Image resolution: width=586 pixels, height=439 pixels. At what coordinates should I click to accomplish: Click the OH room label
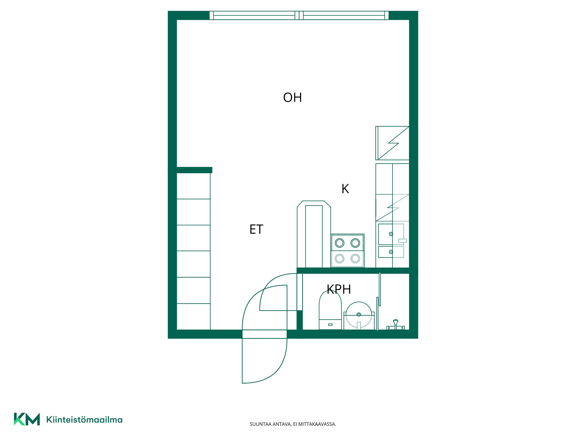point(292,97)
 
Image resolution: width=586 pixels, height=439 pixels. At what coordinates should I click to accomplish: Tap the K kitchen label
point(345,189)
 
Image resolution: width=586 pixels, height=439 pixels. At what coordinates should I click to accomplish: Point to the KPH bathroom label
point(339,289)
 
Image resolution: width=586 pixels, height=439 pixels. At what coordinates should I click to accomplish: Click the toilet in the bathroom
point(330,310)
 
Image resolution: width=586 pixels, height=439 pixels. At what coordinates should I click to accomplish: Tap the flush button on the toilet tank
point(330,324)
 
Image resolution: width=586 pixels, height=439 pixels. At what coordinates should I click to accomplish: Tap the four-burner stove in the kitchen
point(347,251)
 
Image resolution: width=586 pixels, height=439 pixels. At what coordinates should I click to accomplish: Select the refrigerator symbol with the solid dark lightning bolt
point(392,143)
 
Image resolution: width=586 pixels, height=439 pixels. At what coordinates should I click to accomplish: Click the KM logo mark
point(27,419)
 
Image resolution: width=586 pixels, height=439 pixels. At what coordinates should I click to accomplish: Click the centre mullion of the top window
point(299,15)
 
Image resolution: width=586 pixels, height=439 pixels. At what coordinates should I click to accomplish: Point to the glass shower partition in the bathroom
point(380,289)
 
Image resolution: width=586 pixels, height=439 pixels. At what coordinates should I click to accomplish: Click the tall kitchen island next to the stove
point(314,234)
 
